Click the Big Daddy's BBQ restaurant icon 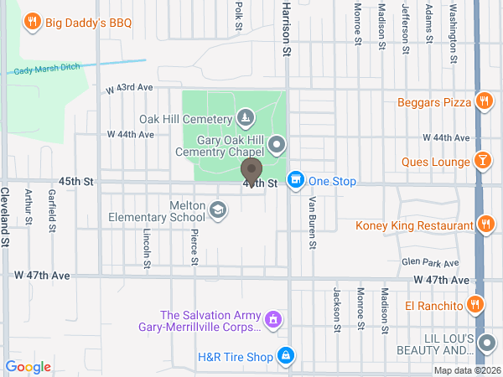(32, 22)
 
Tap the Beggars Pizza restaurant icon (484, 102)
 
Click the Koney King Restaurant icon (484, 224)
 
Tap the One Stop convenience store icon (295, 180)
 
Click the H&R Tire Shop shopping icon (286, 356)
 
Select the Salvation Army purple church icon (272, 319)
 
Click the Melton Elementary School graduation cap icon (218, 209)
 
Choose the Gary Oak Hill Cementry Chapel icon (277, 147)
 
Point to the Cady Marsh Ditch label (46, 70)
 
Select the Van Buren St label (312, 223)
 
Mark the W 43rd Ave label (129, 88)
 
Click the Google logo (28, 366)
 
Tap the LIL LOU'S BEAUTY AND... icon (486, 343)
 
